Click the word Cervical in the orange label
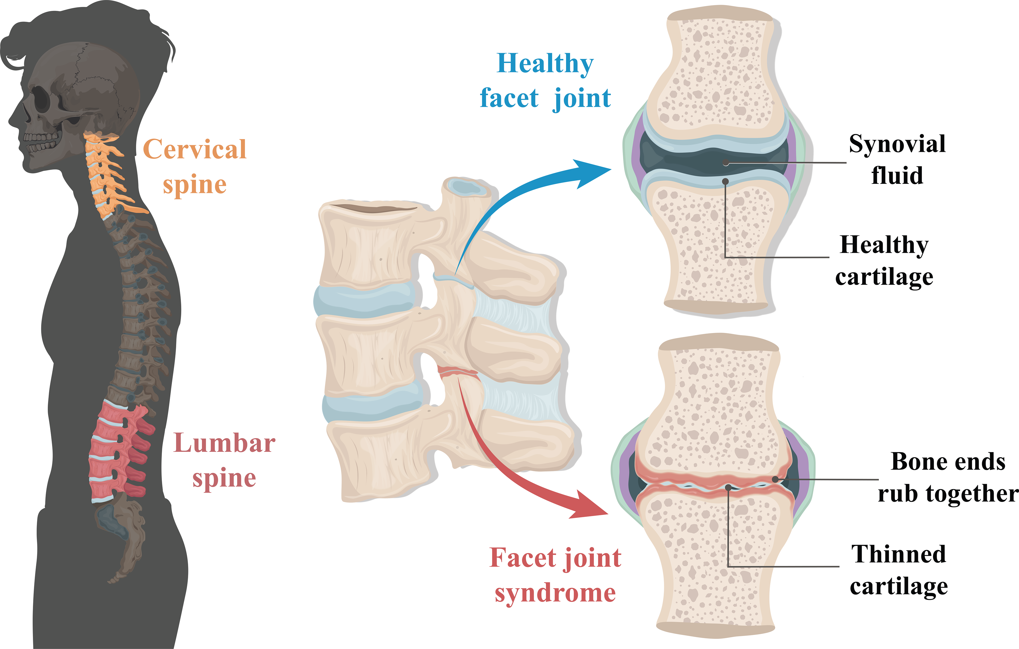point(195,149)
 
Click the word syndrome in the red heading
point(555,593)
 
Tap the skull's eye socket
point(42,99)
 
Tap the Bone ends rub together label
point(948,478)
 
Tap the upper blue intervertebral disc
point(364,300)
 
